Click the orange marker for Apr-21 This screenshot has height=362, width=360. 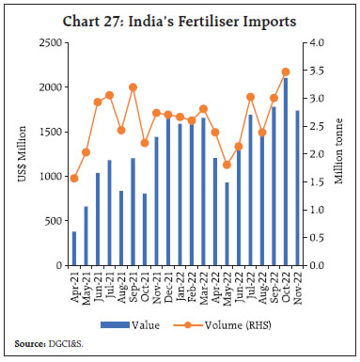click(x=74, y=178)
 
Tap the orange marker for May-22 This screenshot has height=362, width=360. click(x=227, y=165)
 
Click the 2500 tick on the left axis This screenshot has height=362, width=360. click(x=50, y=43)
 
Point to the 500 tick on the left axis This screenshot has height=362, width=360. click(x=53, y=222)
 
